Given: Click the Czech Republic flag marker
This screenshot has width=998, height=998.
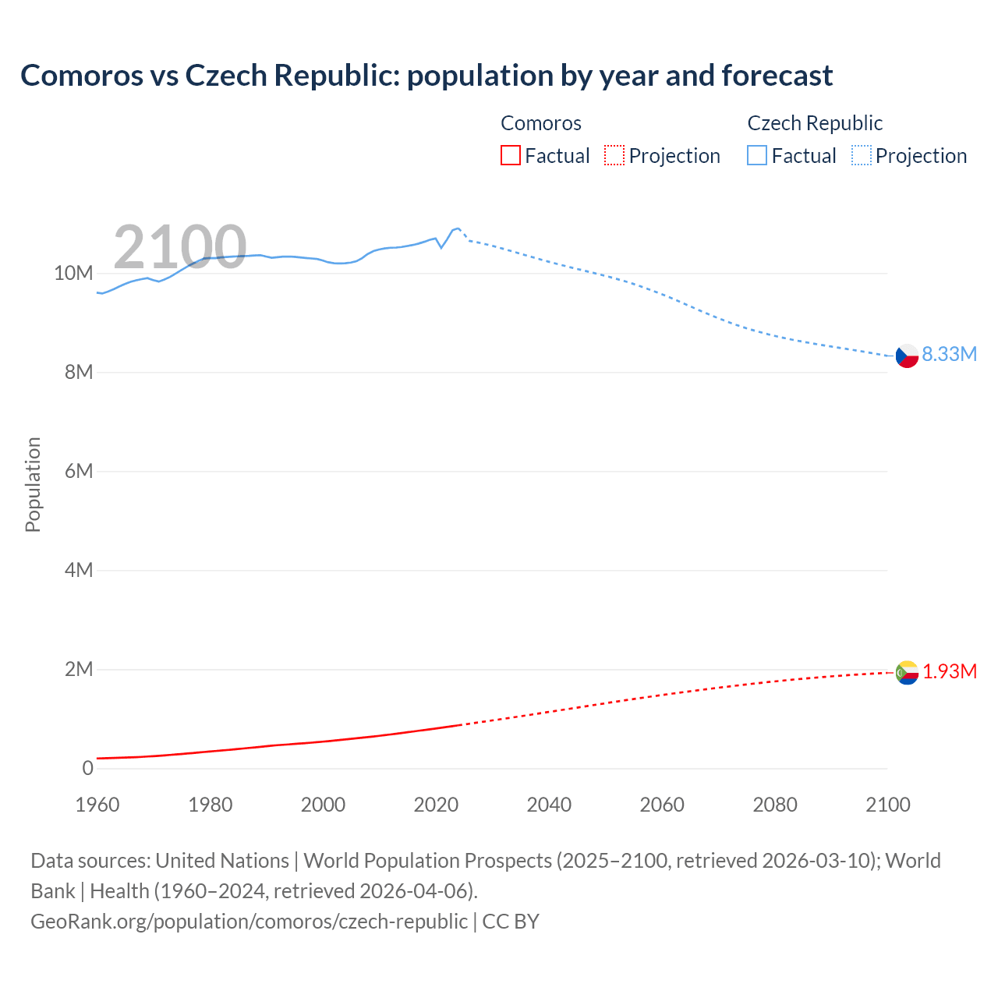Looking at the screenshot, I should (907, 356).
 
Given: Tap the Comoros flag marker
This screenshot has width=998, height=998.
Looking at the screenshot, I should (907, 672).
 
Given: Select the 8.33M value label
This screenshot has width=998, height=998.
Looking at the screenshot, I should (949, 354).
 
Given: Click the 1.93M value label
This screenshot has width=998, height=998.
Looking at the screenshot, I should (950, 671).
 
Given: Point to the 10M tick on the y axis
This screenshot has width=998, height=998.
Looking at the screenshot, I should (73, 273).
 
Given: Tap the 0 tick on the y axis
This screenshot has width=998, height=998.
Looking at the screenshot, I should (87, 768).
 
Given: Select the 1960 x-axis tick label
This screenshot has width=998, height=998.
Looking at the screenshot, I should (97, 805).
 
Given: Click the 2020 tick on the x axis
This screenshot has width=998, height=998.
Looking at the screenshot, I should (436, 805).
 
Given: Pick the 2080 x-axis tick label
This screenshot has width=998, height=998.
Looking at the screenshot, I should (775, 805).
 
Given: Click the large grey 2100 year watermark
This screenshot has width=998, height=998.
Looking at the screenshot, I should (180, 247).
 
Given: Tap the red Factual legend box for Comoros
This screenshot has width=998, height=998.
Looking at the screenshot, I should (511, 156).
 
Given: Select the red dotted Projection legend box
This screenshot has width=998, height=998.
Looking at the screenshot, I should (614, 156).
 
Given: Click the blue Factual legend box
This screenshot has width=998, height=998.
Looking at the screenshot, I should (757, 156).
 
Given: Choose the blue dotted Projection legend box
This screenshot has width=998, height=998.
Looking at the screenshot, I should (862, 156).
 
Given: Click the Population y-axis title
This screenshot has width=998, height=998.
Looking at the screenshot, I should (33, 484).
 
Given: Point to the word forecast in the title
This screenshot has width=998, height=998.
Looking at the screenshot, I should (777, 76).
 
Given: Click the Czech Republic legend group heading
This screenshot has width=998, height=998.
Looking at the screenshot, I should (815, 123).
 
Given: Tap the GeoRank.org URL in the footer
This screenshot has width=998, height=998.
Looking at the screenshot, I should (249, 921).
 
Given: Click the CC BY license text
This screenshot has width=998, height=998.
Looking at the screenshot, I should (511, 921).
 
